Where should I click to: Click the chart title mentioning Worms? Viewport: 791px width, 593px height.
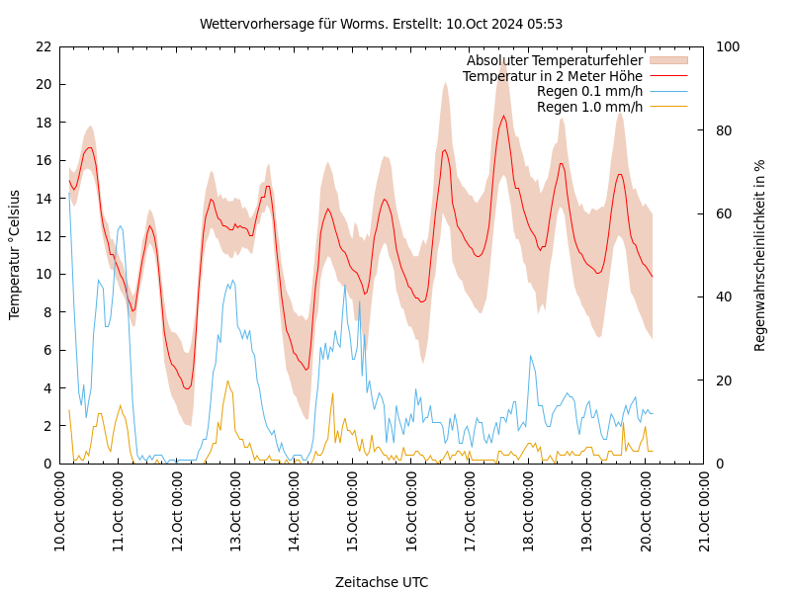pos(381,24)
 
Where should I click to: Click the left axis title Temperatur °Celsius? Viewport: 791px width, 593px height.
pos(15,254)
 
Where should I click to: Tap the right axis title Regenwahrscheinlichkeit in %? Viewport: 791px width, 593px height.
pos(760,255)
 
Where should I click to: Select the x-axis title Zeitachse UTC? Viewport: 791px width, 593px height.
pos(382,582)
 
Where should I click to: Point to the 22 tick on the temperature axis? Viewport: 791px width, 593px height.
pos(42,46)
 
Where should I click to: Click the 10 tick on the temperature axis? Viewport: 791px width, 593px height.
pos(42,274)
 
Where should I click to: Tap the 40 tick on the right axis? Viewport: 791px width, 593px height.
pos(723,296)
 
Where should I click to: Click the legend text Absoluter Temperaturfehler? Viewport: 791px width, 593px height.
pos(554,60)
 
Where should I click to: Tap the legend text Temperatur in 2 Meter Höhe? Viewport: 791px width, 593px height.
pos(552,76)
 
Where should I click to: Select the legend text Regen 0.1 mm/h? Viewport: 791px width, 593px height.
pos(589,91)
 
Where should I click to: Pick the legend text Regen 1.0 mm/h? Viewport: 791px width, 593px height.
pos(589,107)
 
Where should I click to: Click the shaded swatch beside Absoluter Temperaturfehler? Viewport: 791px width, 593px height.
pos(667,60)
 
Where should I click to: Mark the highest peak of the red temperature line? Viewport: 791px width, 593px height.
pos(503,117)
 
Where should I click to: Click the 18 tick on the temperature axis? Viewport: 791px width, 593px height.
pos(42,123)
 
